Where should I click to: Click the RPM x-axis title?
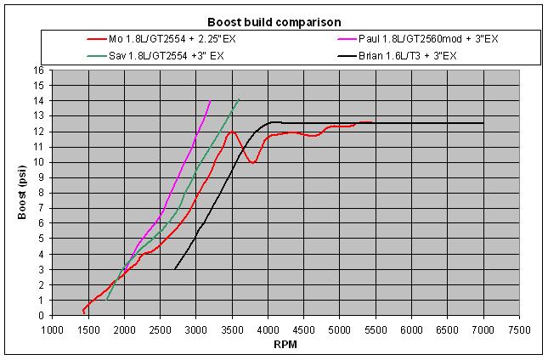285,346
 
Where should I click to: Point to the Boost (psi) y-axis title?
23,193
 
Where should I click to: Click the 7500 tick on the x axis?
519,330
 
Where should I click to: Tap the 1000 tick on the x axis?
54,330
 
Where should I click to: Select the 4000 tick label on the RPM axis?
268,330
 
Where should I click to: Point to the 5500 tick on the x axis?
376,330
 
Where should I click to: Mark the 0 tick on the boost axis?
42,315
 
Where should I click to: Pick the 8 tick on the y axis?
42,193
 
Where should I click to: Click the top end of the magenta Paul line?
210,100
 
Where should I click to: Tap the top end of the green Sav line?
239,100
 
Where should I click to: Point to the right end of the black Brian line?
483,123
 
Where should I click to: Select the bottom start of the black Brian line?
175,269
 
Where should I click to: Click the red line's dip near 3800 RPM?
253,162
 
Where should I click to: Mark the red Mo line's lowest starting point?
83,312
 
